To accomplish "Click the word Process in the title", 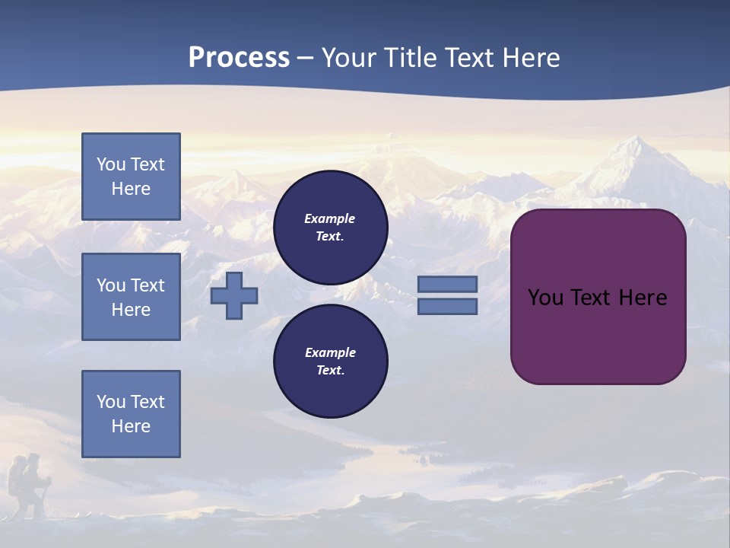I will (x=239, y=58).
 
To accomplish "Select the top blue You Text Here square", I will (x=131, y=177).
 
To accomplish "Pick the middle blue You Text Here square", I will (x=131, y=297).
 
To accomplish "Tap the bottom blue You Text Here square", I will (x=131, y=414).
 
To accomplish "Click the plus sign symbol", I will (x=234, y=295).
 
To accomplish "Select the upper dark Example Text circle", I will (x=330, y=228).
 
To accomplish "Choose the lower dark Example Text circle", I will (x=330, y=362).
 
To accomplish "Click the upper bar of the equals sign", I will (x=447, y=284).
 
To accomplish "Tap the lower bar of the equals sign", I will (x=447, y=306).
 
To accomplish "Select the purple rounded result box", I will (x=598, y=335).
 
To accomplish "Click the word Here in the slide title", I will (x=532, y=58).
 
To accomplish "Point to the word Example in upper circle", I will (x=329, y=218).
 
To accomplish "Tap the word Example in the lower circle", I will (x=330, y=352).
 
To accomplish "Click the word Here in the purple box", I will (x=643, y=298).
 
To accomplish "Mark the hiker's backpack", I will (x=17, y=479).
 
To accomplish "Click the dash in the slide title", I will (x=305, y=59).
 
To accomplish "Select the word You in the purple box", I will (x=544, y=298).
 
